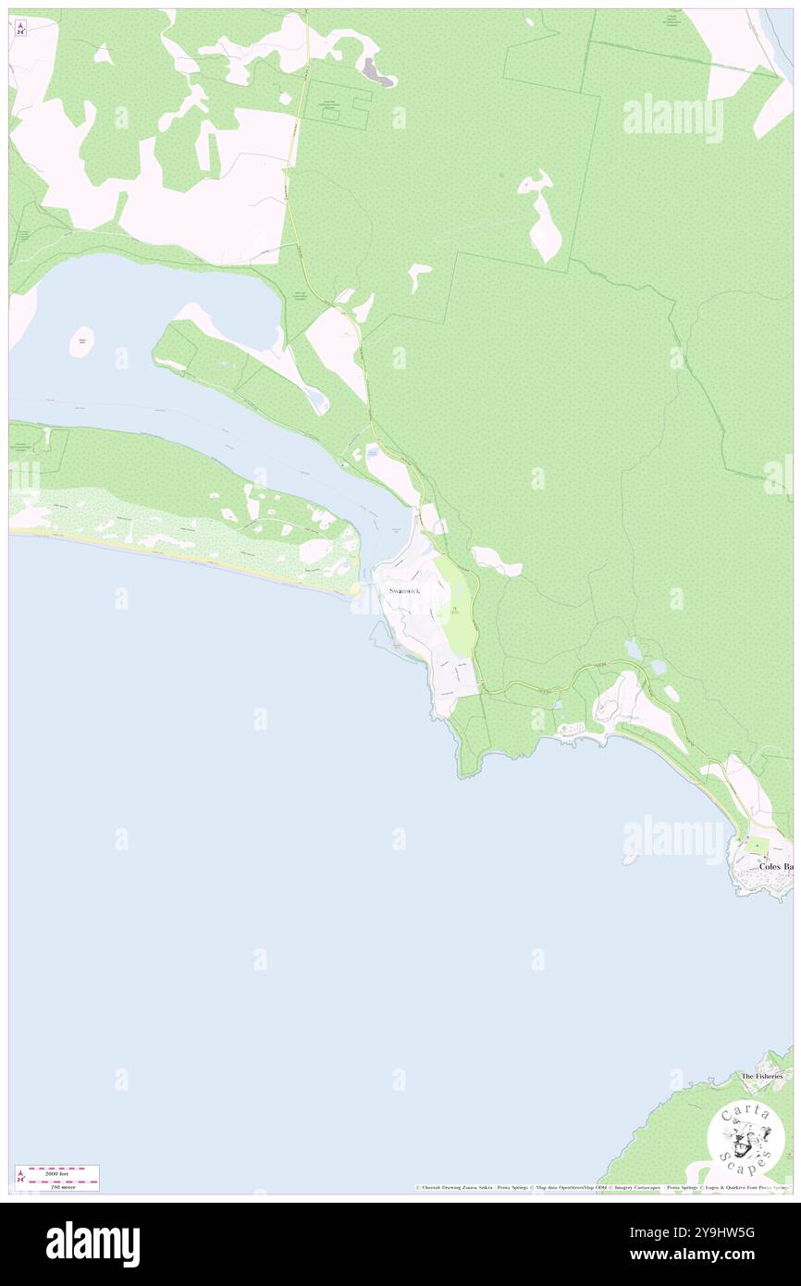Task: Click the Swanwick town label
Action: pos(407,590)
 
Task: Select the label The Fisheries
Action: pos(761,1076)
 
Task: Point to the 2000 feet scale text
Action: pos(56,1171)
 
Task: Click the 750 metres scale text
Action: pos(56,1183)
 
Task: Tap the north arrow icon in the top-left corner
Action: pos(20,29)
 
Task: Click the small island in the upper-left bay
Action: pos(82,341)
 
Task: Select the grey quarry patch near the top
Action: pos(375,69)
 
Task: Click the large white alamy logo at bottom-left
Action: pos(92,1243)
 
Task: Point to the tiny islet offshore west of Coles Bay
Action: pos(631,858)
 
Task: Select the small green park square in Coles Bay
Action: pos(758,845)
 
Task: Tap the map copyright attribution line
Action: pos(601,1187)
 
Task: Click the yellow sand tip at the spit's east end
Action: pos(356,587)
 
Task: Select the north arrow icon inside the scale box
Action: pos(21,1178)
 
